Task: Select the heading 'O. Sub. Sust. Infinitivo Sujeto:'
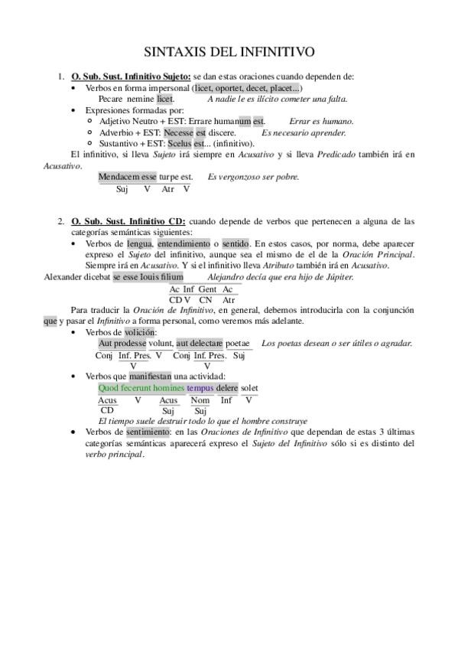(131, 77)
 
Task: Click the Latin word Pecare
(111, 99)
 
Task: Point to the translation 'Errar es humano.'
(321, 121)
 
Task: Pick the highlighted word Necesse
(178, 132)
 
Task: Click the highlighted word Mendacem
(114, 177)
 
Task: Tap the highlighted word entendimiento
(184, 243)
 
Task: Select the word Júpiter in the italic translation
(337, 276)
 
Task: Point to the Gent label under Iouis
(207, 289)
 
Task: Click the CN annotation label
(206, 299)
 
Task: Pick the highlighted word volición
(139, 332)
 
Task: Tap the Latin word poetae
(238, 344)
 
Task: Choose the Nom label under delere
(200, 400)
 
